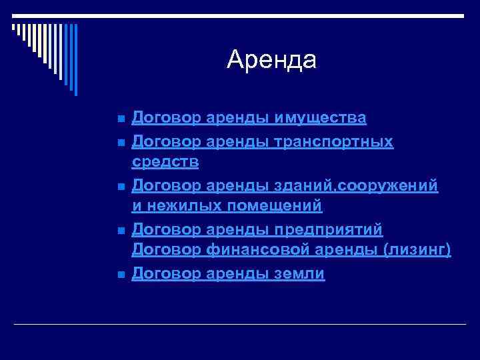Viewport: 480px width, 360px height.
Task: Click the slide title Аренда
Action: (271, 60)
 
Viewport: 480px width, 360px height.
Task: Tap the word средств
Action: (165, 163)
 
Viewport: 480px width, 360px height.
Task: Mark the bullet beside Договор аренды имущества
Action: (119, 119)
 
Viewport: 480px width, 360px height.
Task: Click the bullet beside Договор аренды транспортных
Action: (119, 142)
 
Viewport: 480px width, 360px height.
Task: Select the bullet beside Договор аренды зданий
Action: (119, 186)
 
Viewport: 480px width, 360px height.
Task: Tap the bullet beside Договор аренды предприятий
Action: (119, 230)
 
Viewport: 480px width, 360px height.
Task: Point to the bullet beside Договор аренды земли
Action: (119, 274)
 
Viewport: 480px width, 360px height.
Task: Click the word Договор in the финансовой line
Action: (167, 251)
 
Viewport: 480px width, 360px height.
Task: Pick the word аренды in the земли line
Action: (237, 273)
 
